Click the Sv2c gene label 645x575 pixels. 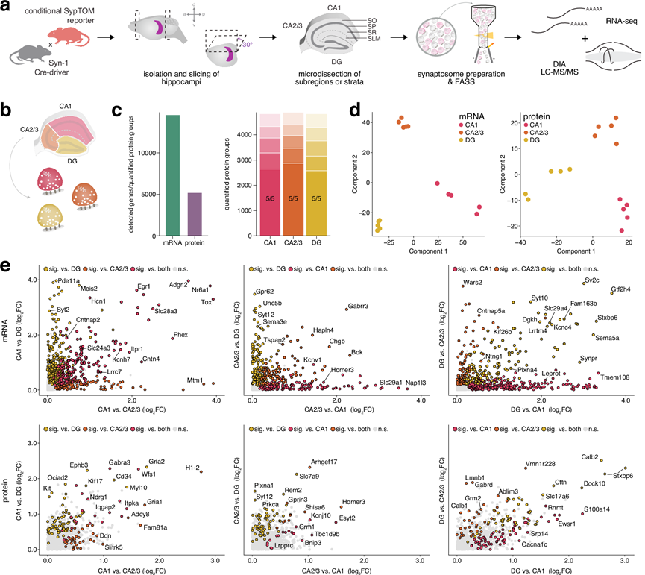point(593,281)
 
